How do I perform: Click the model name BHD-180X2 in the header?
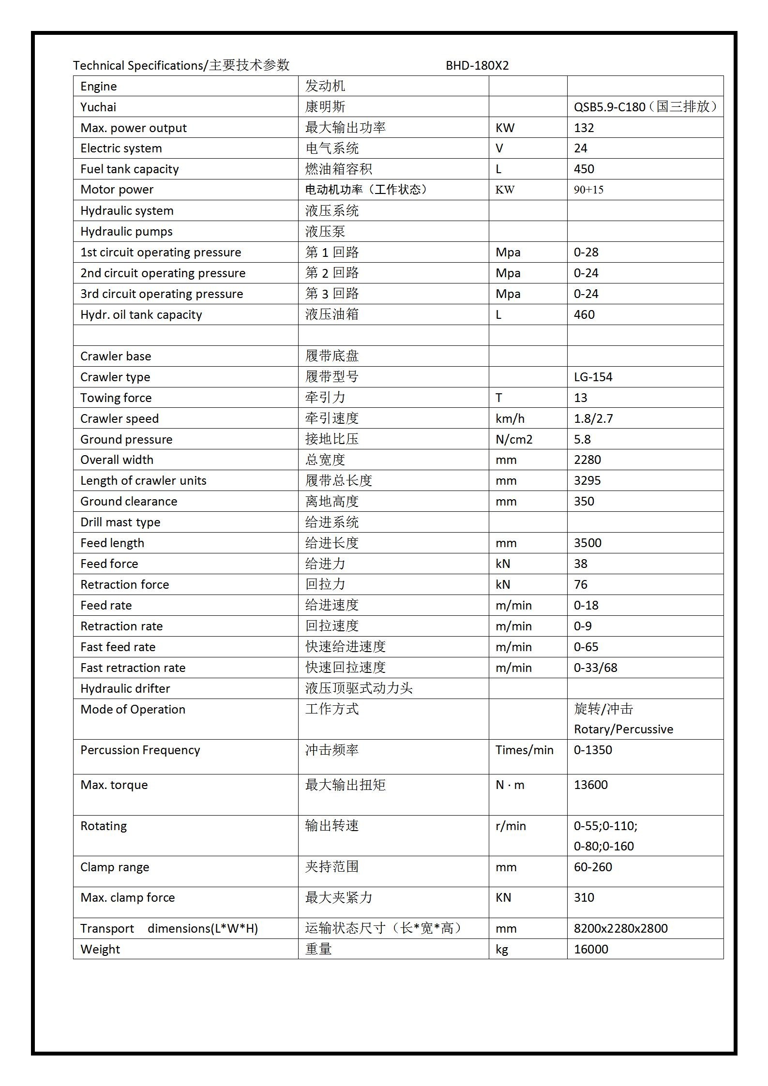477,65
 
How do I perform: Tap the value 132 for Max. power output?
584,128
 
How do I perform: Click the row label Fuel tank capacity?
129,169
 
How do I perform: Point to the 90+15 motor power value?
588,190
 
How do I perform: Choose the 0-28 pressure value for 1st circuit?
586,253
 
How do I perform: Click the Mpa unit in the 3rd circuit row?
508,294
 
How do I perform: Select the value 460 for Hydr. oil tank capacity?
584,315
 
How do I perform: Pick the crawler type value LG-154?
593,377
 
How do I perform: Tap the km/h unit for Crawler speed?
510,419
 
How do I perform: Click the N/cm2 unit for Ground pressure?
513,440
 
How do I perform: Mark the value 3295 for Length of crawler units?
587,481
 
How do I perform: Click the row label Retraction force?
124,585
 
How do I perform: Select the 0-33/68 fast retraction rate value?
595,668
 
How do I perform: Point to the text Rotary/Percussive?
623,729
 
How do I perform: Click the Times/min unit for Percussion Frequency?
524,750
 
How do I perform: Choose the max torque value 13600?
590,785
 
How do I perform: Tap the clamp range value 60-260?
593,867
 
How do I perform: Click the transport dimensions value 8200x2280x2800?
620,928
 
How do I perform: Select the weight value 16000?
591,949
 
